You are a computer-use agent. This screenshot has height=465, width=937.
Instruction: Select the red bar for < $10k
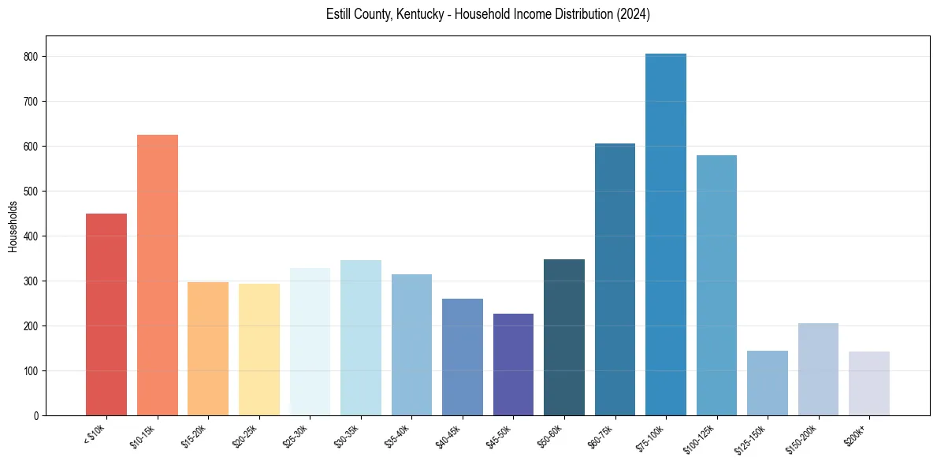tap(106, 314)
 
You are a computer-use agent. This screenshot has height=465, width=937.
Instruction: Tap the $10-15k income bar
tap(158, 275)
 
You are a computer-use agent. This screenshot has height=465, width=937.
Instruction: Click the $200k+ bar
tap(869, 383)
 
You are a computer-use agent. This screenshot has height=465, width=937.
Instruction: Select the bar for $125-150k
tap(768, 383)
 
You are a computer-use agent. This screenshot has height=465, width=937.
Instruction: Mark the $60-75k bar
tap(615, 279)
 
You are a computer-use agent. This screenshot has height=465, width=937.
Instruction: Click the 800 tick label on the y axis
tap(32, 57)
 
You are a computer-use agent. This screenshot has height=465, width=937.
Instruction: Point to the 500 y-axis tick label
tap(32, 192)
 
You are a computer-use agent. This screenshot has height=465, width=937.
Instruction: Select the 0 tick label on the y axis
tap(36, 416)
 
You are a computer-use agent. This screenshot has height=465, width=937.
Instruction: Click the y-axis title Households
tap(13, 226)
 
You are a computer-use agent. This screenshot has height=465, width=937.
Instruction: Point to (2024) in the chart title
tap(634, 15)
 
